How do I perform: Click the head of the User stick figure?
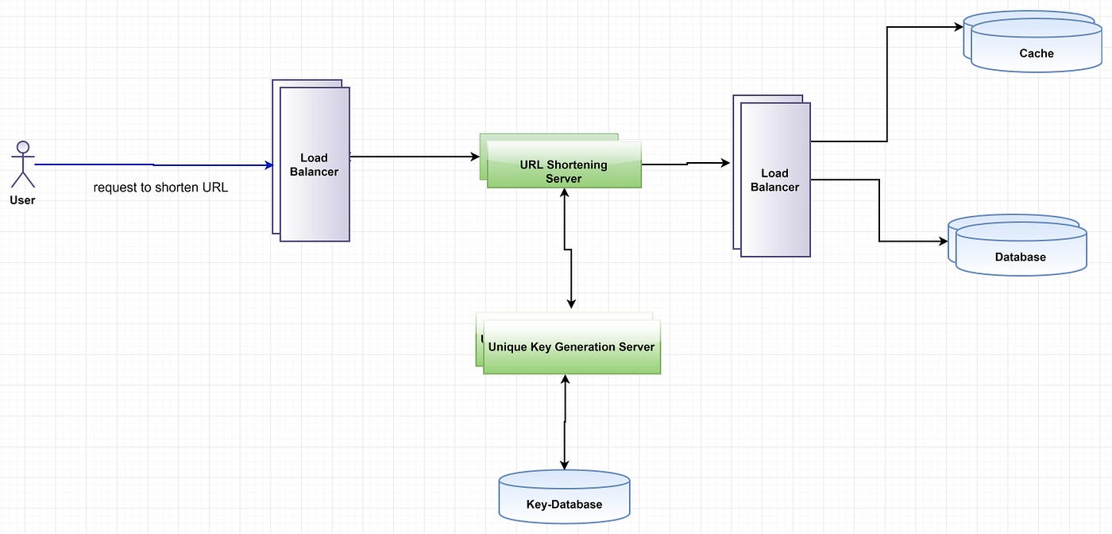23,147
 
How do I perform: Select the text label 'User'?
22,200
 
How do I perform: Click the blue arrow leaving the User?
151,165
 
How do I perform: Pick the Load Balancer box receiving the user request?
314,164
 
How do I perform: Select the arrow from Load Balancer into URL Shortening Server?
413,157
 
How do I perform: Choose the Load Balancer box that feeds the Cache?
774,180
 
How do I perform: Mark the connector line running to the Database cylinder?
879,211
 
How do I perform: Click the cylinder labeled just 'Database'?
1020,253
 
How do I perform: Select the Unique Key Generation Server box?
571,346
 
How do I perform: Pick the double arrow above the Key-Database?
565,421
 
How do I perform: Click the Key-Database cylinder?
564,498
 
